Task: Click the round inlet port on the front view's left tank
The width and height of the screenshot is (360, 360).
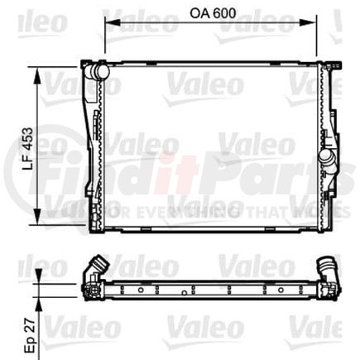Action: pyautogui.click(x=101, y=72)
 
